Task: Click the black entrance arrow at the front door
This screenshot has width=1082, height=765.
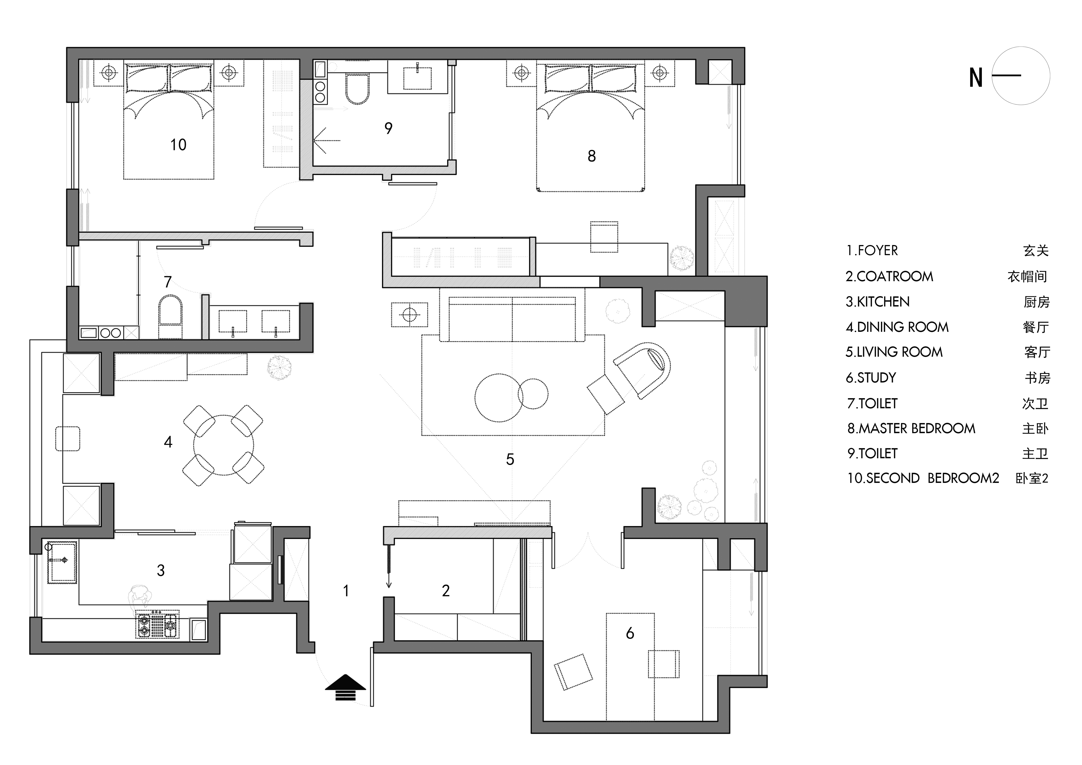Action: [345, 687]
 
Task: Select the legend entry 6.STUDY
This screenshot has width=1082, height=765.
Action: [871, 378]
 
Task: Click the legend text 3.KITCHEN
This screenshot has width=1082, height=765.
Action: [877, 302]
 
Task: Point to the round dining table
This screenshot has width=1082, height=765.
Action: [223, 445]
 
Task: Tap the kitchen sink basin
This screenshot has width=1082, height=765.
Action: [62, 562]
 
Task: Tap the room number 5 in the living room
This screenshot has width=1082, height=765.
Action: [510, 459]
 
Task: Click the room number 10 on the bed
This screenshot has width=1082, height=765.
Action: [178, 145]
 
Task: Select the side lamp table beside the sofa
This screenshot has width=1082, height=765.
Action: [409, 314]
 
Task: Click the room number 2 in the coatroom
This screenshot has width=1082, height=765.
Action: [446, 591]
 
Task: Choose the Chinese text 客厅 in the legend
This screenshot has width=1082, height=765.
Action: [1037, 352]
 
